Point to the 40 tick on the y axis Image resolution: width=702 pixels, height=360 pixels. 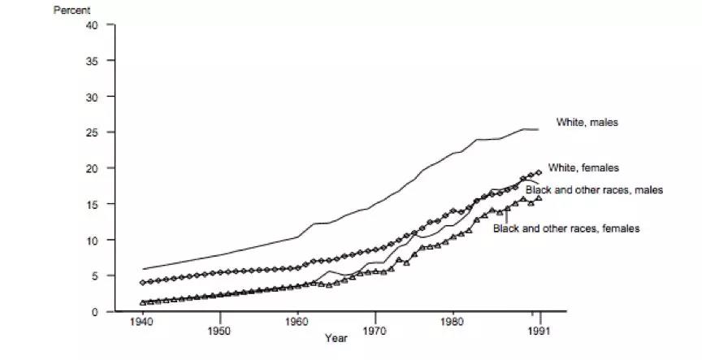[x=92, y=25]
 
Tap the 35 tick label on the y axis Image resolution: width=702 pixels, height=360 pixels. [x=92, y=61]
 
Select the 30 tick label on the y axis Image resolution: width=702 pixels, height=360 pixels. [x=92, y=97]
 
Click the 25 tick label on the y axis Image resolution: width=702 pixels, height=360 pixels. [x=92, y=132]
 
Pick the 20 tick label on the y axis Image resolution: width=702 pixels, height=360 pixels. [x=92, y=168]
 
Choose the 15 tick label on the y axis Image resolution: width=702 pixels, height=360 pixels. [x=92, y=204]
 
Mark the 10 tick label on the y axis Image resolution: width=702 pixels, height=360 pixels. [x=92, y=241]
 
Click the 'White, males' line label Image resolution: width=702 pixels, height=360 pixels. [x=587, y=123]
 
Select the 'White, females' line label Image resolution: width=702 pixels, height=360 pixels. [x=584, y=168]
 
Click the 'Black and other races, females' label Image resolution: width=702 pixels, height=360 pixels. [x=566, y=228]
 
